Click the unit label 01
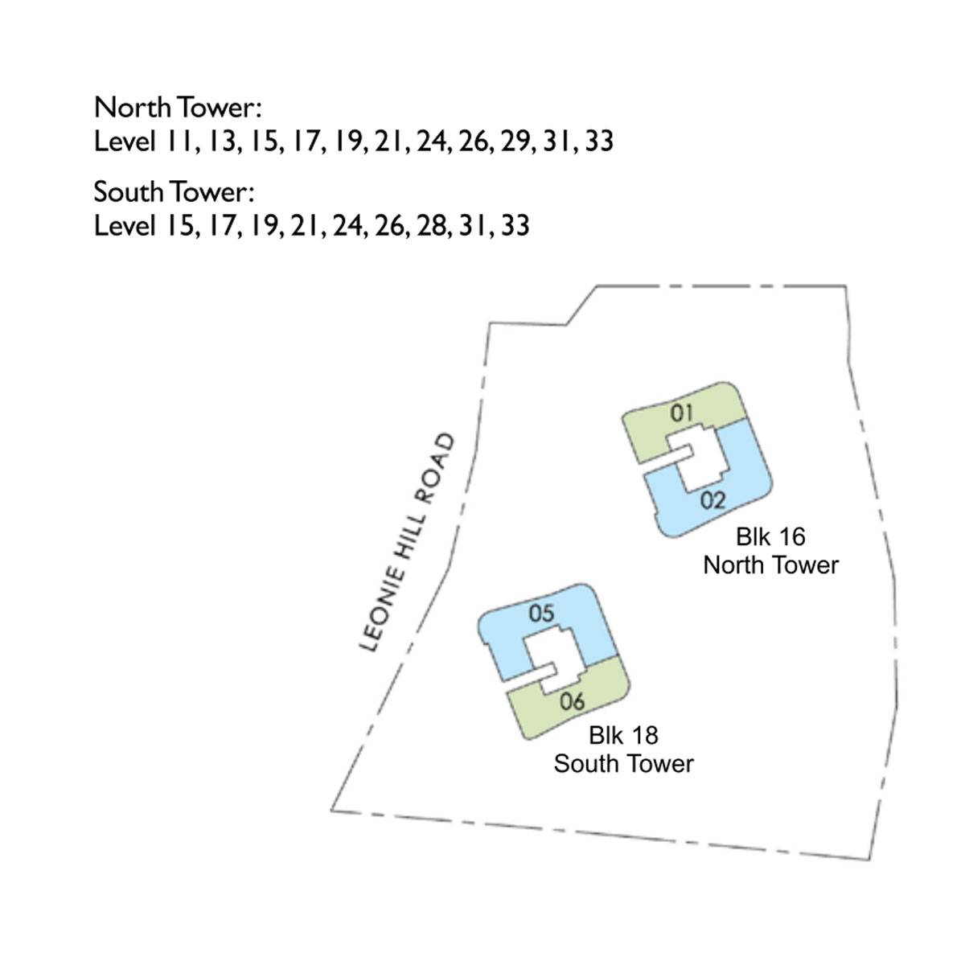click(682, 413)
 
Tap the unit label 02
click(712, 500)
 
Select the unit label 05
click(541, 614)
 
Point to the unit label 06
click(572, 701)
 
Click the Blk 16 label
click(770, 537)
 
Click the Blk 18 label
click(623, 736)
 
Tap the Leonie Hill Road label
click(407, 543)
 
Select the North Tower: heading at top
click(178, 107)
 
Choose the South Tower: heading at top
click(174, 192)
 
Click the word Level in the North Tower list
click(125, 142)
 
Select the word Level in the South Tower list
click(125, 226)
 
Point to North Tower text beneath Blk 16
click(770, 566)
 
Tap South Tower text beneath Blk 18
click(623, 764)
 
